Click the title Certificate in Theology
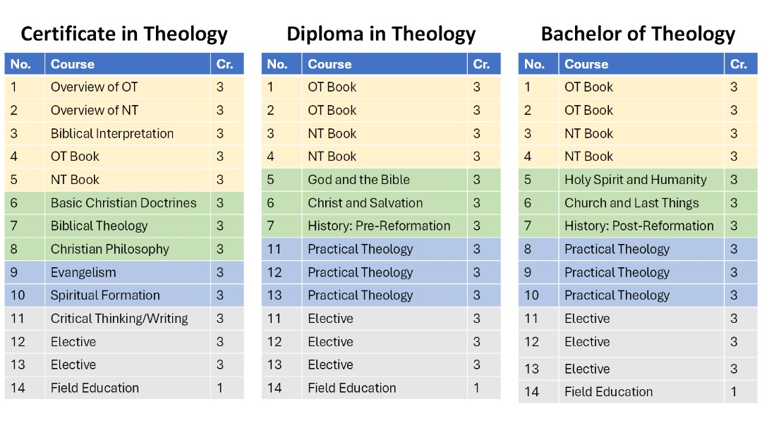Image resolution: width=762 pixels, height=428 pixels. (x=124, y=34)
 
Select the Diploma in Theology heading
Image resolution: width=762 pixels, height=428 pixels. (x=381, y=34)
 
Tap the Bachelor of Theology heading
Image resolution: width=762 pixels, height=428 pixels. (x=638, y=34)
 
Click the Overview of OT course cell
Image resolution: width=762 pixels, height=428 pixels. (x=95, y=87)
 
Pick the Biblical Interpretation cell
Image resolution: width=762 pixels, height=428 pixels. (x=112, y=133)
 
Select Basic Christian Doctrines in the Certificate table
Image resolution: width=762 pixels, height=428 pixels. (x=123, y=203)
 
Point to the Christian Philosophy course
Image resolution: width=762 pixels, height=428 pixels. (x=110, y=249)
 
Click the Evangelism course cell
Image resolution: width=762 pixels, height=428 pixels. (x=83, y=273)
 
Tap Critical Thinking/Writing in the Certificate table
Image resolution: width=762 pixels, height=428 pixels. (x=119, y=319)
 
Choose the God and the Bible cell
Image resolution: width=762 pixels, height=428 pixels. (x=358, y=180)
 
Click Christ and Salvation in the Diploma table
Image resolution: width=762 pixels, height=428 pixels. (x=365, y=203)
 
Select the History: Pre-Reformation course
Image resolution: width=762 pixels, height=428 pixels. (x=379, y=226)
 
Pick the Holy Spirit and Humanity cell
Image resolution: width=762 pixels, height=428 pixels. (x=635, y=180)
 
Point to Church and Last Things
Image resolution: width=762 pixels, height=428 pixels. (x=631, y=203)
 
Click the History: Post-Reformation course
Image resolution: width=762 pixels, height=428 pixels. (x=639, y=226)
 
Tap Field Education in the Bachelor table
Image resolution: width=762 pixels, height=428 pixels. (x=608, y=391)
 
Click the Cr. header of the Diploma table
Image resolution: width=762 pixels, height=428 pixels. (x=481, y=64)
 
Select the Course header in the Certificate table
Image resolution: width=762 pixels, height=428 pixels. (x=73, y=64)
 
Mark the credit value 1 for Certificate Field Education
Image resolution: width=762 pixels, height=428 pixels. (x=220, y=389)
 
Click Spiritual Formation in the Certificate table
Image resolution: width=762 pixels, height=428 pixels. (x=105, y=295)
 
